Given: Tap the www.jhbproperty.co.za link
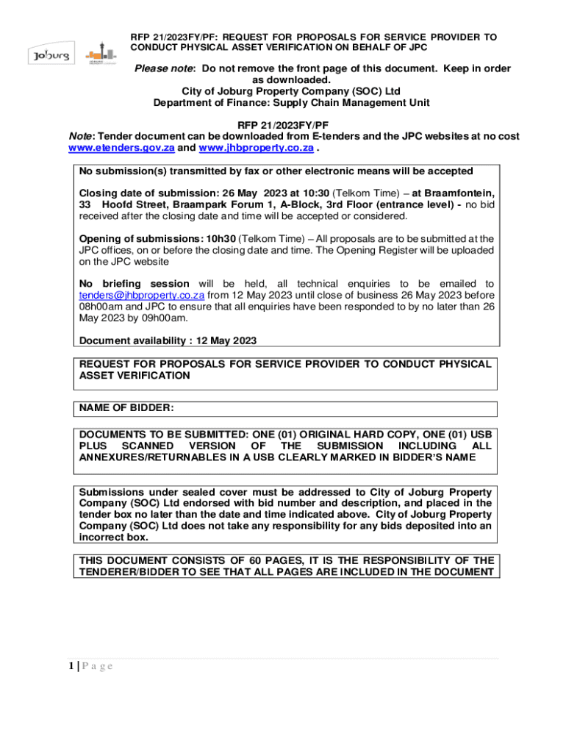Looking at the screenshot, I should pyautogui.click(x=257, y=148).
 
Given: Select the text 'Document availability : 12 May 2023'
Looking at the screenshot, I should pyautogui.click(x=168, y=340).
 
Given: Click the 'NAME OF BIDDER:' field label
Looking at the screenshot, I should pyautogui.click(x=126, y=408).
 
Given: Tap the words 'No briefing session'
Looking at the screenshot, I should pyautogui.click(x=134, y=284).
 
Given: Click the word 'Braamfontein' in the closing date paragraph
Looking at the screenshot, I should pyautogui.click(x=453, y=193).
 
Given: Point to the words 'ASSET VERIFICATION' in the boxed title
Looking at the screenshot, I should pyautogui.click(x=135, y=376).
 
